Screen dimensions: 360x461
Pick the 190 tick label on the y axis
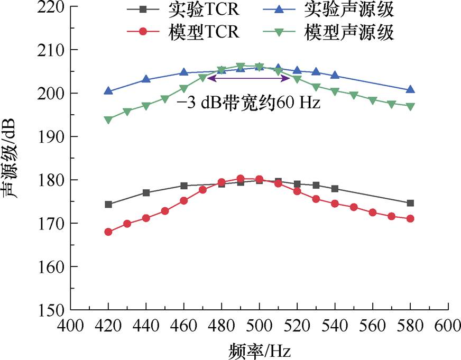click(x=49, y=137)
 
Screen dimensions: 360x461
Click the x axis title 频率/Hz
click(x=260, y=349)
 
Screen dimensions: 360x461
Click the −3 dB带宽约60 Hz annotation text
click(x=248, y=102)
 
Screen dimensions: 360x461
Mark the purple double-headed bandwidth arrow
click(x=248, y=78)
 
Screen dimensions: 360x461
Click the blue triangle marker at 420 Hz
click(x=108, y=91)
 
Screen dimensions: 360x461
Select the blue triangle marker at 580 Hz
click(x=410, y=90)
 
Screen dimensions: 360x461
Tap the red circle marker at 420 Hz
click(x=108, y=232)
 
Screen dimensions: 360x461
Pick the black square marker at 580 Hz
click(x=410, y=203)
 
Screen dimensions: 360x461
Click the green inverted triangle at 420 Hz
click(x=108, y=120)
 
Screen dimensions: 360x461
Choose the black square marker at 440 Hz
click(x=146, y=192)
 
